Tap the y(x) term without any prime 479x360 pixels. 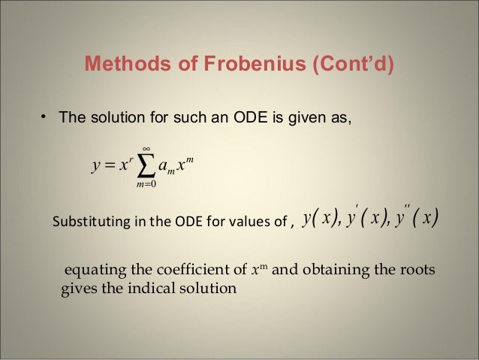(319, 219)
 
